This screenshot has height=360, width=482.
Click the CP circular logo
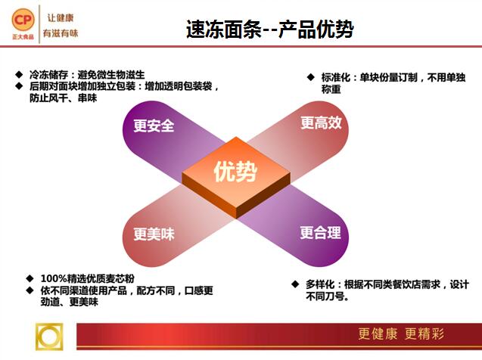coord(23,20)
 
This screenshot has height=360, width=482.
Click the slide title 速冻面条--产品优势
coord(270,29)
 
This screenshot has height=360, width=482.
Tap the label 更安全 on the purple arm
coord(154,126)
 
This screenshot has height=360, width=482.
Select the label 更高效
coord(321,123)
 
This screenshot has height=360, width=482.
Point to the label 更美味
coord(154,234)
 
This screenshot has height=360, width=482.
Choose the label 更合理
coord(321,232)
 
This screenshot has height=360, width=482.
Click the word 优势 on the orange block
coord(235,172)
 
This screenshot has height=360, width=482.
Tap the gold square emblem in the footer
coord(49,337)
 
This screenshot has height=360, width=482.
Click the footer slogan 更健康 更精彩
coord(401,334)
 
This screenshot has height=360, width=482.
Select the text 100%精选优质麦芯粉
coord(88,278)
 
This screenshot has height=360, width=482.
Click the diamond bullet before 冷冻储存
coord(20,75)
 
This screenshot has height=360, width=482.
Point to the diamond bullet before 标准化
coord(311,77)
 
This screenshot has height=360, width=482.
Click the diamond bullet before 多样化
coord(295,284)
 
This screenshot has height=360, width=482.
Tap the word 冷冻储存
coord(48,75)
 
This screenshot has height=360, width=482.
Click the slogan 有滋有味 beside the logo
coord(61,33)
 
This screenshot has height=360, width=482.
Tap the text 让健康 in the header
coord(61,18)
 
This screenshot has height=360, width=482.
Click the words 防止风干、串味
coord(64,98)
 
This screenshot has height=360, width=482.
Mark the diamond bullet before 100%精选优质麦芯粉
coord(30,278)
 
